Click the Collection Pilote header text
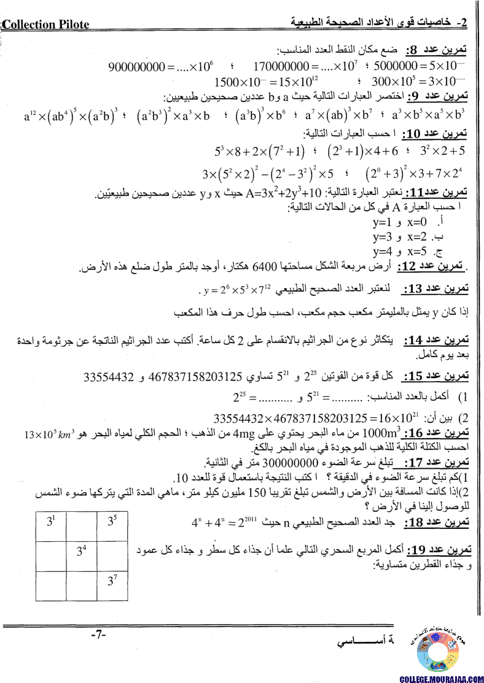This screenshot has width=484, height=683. (x=46, y=25)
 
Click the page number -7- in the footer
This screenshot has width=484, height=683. (x=99, y=634)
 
